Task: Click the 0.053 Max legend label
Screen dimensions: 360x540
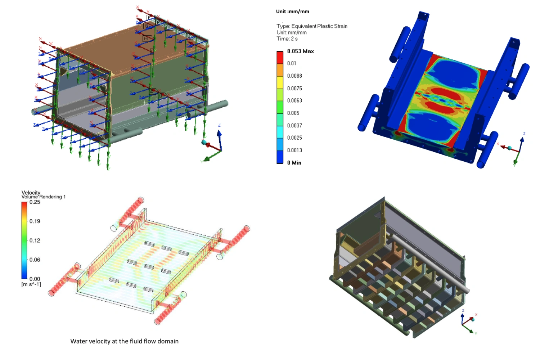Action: pyautogui.click(x=300, y=51)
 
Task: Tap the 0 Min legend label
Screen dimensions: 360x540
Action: pyautogui.click(x=294, y=163)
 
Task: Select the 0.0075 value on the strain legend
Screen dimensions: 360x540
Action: pyautogui.click(x=294, y=88)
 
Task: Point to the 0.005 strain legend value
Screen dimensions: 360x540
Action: pyautogui.click(x=293, y=113)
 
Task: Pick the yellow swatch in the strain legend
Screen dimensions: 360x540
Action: pyautogui.click(x=280, y=82)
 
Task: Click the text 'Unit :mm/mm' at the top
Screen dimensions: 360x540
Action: pyautogui.click(x=292, y=12)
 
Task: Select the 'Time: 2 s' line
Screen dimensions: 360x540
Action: pyautogui.click(x=287, y=39)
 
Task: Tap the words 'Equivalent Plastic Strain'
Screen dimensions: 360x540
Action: pyautogui.click(x=319, y=26)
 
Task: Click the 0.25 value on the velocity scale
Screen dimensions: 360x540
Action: pyautogui.click(x=35, y=202)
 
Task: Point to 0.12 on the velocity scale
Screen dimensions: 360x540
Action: pyautogui.click(x=35, y=240)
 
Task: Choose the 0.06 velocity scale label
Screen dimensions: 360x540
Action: pyautogui.click(x=35, y=260)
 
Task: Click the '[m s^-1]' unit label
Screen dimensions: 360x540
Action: pyautogui.click(x=31, y=284)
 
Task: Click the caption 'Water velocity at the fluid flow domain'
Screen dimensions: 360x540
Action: pyautogui.click(x=124, y=341)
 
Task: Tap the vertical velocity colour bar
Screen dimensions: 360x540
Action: pyautogui.click(x=24, y=240)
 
